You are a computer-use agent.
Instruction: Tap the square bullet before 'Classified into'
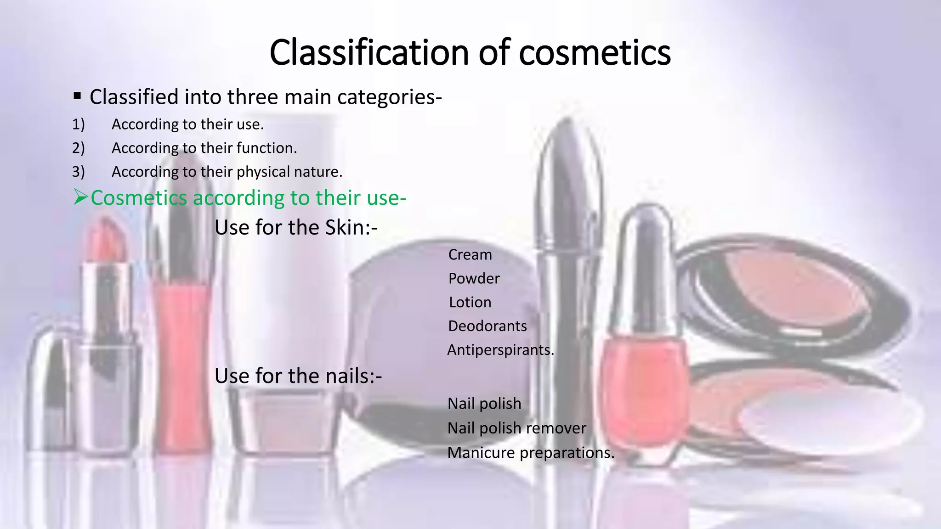pyautogui.click(x=77, y=96)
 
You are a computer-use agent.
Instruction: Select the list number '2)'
pyautogui.click(x=78, y=148)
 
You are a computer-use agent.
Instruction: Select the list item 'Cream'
pyautogui.click(x=470, y=255)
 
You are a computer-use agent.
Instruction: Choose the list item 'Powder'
pyautogui.click(x=474, y=279)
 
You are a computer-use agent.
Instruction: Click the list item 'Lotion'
pyautogui.click(x=470, y=303)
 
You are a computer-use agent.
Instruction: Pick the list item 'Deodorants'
pyautogui.click(x=487, y=326)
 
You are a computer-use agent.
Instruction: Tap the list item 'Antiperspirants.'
pyautogui.click(x=500, y=350)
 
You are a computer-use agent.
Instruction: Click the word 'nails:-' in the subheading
pyautogui.click(x=354, y=376)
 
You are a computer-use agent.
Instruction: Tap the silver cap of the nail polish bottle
pyautogui.click(x=646, y=266)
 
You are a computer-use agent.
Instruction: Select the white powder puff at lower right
pyautogui.click(x=827, y=418)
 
